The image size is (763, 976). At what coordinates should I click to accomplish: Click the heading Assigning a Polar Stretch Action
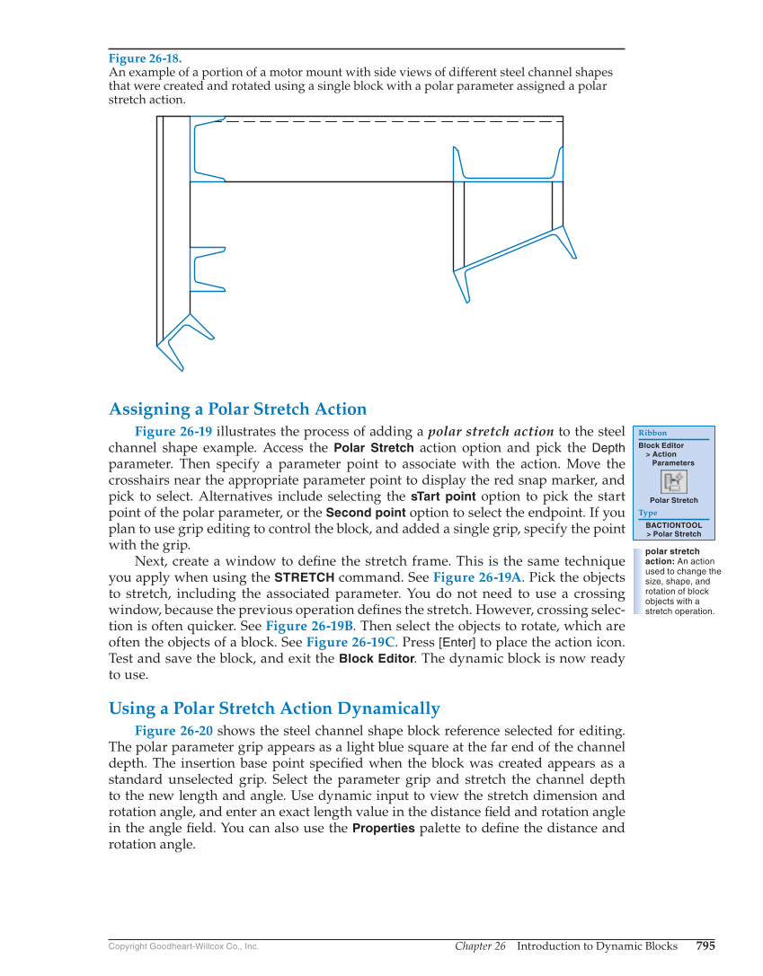237,409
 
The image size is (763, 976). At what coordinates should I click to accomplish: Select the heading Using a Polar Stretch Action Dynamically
274,708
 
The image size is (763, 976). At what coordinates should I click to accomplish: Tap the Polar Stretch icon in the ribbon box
674,482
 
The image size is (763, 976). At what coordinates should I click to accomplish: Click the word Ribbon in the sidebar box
652,433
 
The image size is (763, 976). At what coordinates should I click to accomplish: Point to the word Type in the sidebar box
648,513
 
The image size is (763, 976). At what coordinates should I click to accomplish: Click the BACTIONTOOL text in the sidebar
673,525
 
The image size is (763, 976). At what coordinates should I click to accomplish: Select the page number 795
705,945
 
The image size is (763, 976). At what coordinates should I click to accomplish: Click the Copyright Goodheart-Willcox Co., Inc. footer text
183,946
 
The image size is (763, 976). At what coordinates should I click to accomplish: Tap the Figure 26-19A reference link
477,577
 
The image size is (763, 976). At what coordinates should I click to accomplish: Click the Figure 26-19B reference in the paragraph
309,626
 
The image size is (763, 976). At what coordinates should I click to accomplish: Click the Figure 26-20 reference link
173,730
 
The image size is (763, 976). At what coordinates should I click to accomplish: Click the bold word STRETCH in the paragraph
304,577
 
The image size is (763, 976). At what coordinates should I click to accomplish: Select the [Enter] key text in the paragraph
456,642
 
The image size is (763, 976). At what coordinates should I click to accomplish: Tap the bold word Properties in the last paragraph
383,828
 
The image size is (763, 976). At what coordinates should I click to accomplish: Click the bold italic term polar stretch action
491,431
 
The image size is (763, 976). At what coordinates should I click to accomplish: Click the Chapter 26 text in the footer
480,946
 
